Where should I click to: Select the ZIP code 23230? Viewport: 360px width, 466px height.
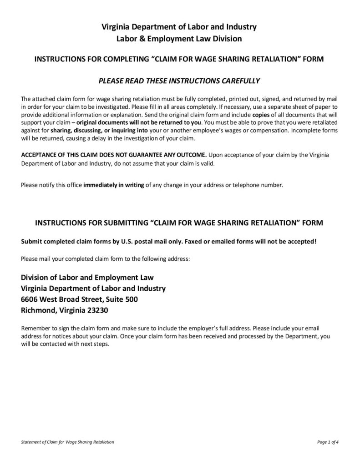coord(96,311)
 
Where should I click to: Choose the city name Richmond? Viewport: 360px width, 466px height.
coord(38,311)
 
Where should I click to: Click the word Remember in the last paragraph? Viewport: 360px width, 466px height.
coord(35,328)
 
